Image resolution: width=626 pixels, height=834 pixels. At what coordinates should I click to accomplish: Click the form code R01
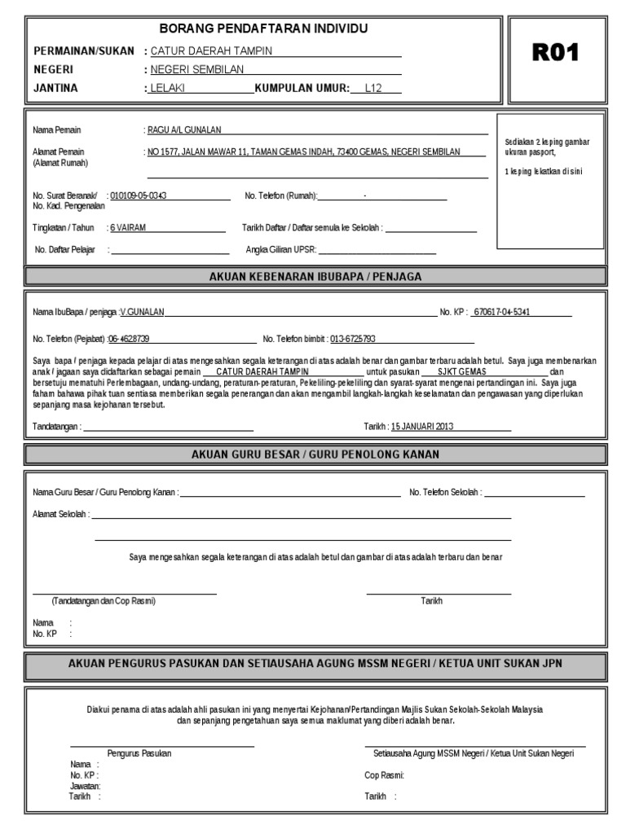pos(555,53)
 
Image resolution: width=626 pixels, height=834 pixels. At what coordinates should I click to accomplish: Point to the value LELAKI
pos(168,88)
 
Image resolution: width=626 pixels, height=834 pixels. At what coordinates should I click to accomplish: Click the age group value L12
pos(374,88)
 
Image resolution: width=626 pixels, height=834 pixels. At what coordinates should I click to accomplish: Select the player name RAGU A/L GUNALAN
pos(184,130)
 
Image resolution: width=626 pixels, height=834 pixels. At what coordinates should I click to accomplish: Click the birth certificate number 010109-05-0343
pos(139,196)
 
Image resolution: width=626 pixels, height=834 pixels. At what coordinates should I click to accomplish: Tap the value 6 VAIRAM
pos(128,228)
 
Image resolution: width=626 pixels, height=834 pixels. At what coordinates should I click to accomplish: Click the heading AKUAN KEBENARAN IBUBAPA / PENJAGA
pos(315,277)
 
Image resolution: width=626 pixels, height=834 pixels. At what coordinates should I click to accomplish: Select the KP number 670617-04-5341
pos(502,312)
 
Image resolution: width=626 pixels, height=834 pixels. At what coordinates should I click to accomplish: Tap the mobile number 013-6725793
pos(353,339)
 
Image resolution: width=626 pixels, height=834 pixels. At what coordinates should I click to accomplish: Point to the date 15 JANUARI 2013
pos(421,426)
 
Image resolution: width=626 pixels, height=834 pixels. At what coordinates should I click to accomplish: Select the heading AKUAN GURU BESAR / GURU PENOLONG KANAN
pos(315,454)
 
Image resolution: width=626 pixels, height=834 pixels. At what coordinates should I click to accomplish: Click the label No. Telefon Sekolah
pos(445,493)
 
